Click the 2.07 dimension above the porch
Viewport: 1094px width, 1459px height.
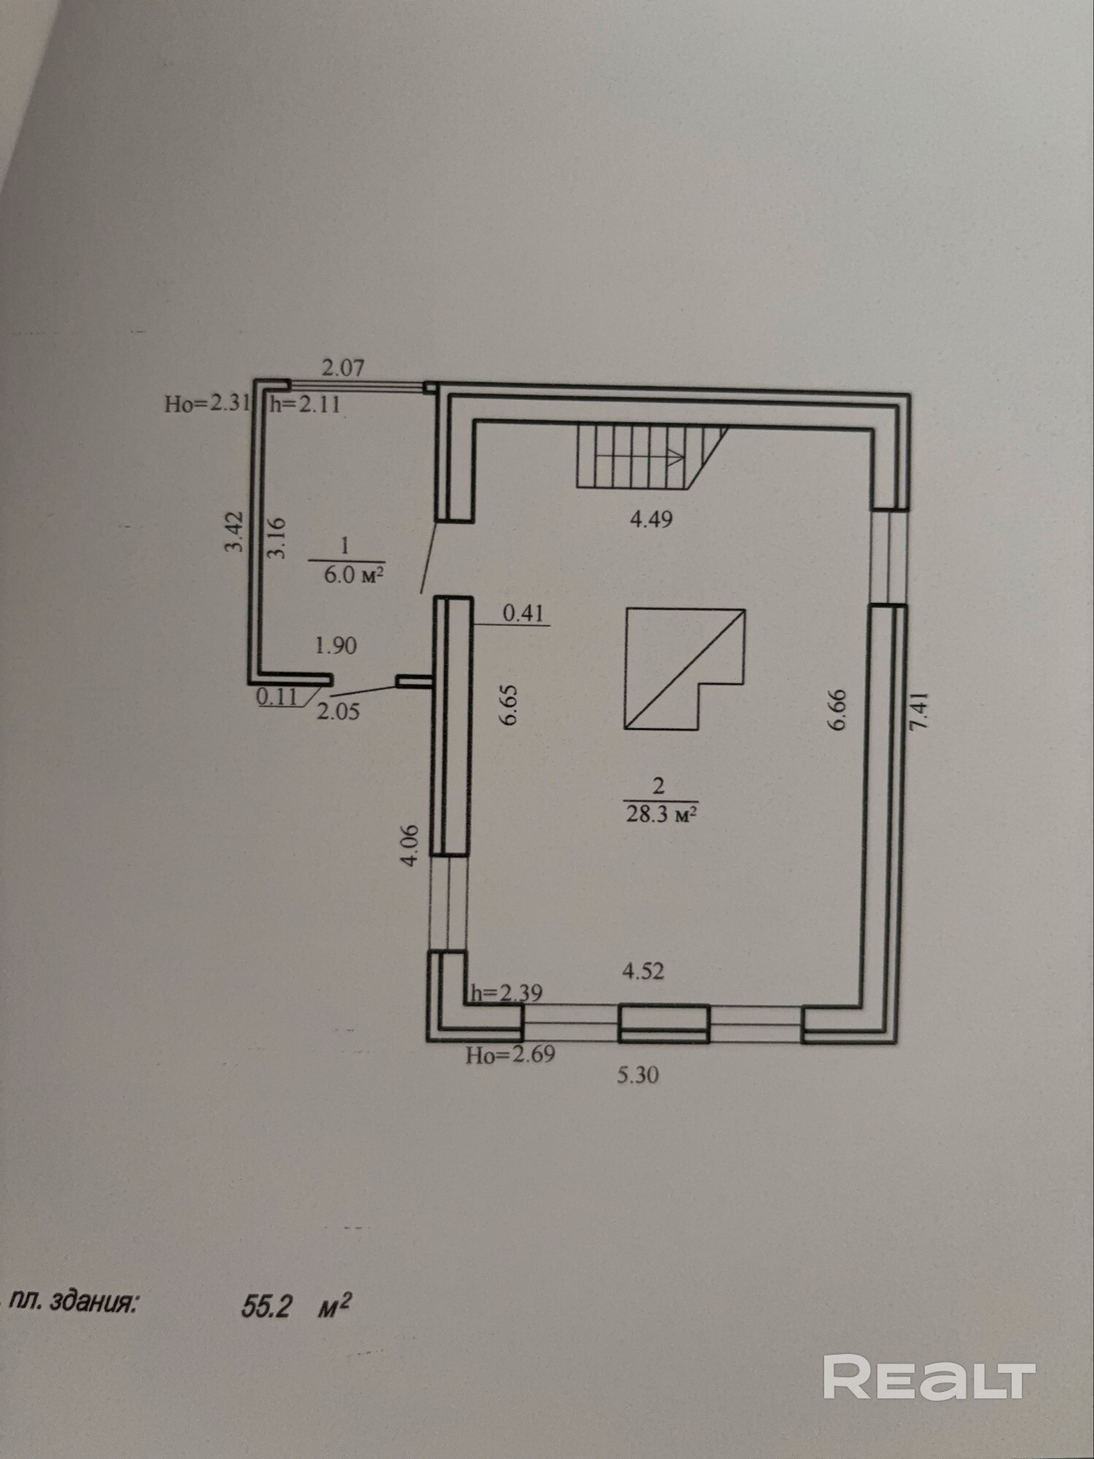[x=343, y=367]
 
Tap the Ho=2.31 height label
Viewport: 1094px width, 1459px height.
[x=207, y=403]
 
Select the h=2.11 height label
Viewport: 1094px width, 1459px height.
[x=306, y=403]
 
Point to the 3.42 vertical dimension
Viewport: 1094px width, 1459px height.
[x=233, y=531]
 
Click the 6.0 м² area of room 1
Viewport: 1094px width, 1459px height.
[x=354, y=575]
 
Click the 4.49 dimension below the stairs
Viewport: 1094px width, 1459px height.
[x=651, y=519]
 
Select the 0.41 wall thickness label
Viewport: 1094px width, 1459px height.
[x=524, y=614]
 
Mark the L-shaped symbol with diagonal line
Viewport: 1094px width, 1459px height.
[x=684, y=670]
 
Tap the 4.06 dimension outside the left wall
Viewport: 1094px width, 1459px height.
[x=411, y=845]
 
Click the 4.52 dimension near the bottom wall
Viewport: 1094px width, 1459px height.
[x=643, y=971]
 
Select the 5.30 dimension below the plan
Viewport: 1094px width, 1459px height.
[x=638, y=1075]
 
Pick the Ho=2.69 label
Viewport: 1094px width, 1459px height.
[x=511, y=1054]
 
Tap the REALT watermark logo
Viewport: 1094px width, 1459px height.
[x=929, y=1378]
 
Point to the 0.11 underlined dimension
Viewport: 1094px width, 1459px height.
[x=277, y=697]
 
